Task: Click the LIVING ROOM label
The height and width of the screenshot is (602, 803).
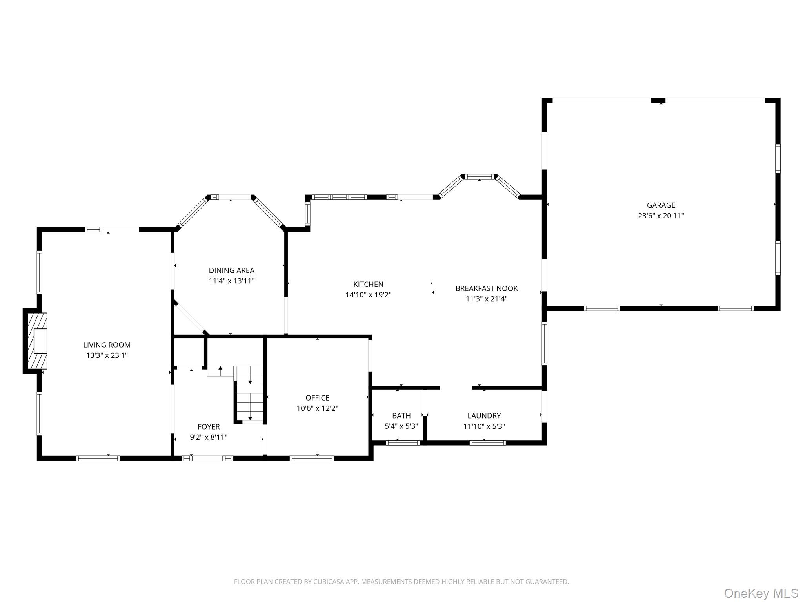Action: pos(107,345)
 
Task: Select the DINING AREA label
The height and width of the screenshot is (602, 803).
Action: pos(231,270)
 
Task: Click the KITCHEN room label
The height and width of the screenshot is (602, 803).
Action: pos(368,284)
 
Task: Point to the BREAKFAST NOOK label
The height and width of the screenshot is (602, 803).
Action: pos(487,288)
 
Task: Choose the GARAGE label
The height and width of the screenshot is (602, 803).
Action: pos(661,205)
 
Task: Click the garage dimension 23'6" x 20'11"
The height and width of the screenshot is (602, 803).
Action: pos(661,216)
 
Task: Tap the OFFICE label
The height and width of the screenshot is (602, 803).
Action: pos(318,398)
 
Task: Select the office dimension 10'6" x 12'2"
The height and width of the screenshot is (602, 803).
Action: pos(318,408)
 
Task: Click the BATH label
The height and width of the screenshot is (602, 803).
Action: pos(401,415)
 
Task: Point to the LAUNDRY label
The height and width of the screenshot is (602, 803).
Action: pos(484,415)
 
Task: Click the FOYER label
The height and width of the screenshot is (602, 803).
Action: pos(209,427)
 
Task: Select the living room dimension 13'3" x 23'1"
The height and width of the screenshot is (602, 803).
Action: pos(107,355)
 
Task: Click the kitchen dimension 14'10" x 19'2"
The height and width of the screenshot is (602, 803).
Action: pos(368,295)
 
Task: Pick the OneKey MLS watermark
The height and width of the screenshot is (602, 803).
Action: pos(761,593)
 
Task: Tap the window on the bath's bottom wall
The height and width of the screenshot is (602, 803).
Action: pos(403,443)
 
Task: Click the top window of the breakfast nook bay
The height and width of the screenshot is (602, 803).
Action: pos(480,177)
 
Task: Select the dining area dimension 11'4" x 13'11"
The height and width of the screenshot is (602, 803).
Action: pos(232,281)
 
